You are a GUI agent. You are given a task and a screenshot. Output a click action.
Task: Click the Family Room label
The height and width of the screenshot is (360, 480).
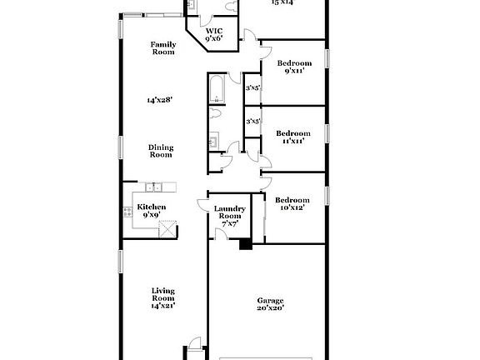[162, 48]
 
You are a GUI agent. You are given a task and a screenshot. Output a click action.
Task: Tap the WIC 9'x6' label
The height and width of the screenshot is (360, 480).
[214, 35]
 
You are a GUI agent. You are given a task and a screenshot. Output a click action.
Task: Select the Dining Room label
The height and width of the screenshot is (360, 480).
[161, 151]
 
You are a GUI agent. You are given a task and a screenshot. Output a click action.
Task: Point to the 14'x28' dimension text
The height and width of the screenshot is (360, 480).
[159, 100]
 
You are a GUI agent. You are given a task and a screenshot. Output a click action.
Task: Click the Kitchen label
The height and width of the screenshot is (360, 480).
[152, 207]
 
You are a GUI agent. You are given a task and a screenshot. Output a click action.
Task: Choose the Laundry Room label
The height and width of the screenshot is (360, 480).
[229, 212]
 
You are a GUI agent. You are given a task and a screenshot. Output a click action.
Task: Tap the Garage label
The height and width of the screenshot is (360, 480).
[270, 301]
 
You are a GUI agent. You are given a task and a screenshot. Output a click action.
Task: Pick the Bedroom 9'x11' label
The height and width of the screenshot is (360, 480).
[294, 67]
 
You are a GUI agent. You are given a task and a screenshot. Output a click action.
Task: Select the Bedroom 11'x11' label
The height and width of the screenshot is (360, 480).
[293, 137]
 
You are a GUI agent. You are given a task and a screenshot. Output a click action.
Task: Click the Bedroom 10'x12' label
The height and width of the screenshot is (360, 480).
[292, 203]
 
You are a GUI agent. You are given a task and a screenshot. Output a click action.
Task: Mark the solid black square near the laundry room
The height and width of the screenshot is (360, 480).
[245, 244]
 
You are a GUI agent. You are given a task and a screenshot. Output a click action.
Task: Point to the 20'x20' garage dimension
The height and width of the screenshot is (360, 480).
[270, 308]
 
